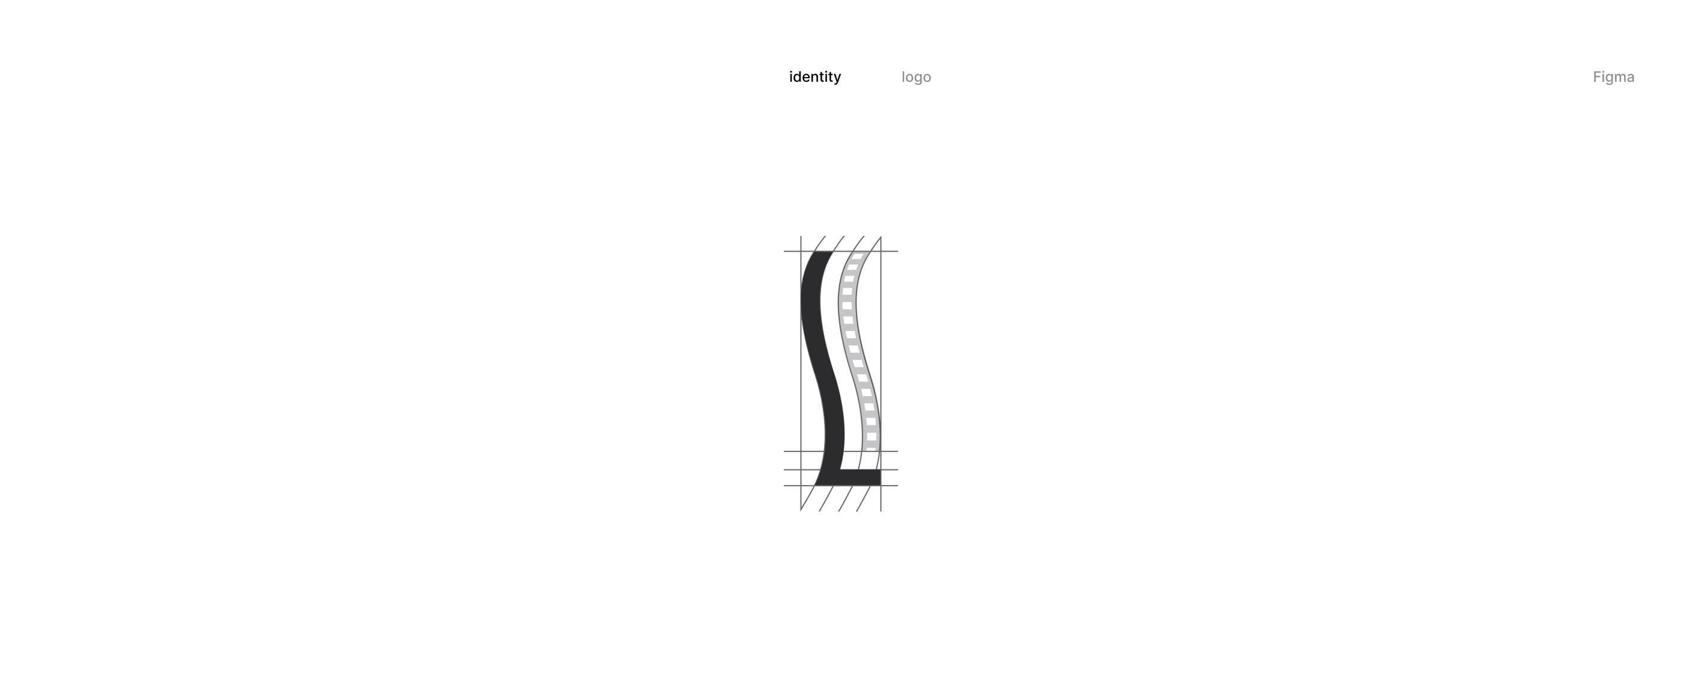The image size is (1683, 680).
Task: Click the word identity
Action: [x=814, y=77]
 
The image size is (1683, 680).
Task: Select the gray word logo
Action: [x=916, y=77]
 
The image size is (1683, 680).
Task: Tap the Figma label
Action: [x=1613, y=77]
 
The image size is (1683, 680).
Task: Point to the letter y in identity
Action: [x=836, y=79]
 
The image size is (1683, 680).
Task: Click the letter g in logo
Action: [x=916, y=79]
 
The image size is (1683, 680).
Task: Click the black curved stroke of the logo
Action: [x=822, y=366]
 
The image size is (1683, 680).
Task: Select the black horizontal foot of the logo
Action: [x=860, y=477]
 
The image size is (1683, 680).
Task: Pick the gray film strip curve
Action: [x=858, y=353]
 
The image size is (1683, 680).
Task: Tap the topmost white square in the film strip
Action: [x=858, y=256]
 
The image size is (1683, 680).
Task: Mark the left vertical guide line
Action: [x=801, y=373]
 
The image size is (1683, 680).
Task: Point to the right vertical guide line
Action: [x=881, y=373]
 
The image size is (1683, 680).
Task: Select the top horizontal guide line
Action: [x=841, y=251]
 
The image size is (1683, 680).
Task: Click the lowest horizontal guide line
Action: [x=841, y=486]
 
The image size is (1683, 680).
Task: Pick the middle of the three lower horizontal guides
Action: [x=841, y=469]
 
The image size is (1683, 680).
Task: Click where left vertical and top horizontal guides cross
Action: [x=801, y=251]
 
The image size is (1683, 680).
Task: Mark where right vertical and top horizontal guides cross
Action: [x=881, y=251]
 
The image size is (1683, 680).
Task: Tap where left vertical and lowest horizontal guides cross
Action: [x=801, y=486]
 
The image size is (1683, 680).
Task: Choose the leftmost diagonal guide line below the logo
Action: [x=807, y=498]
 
